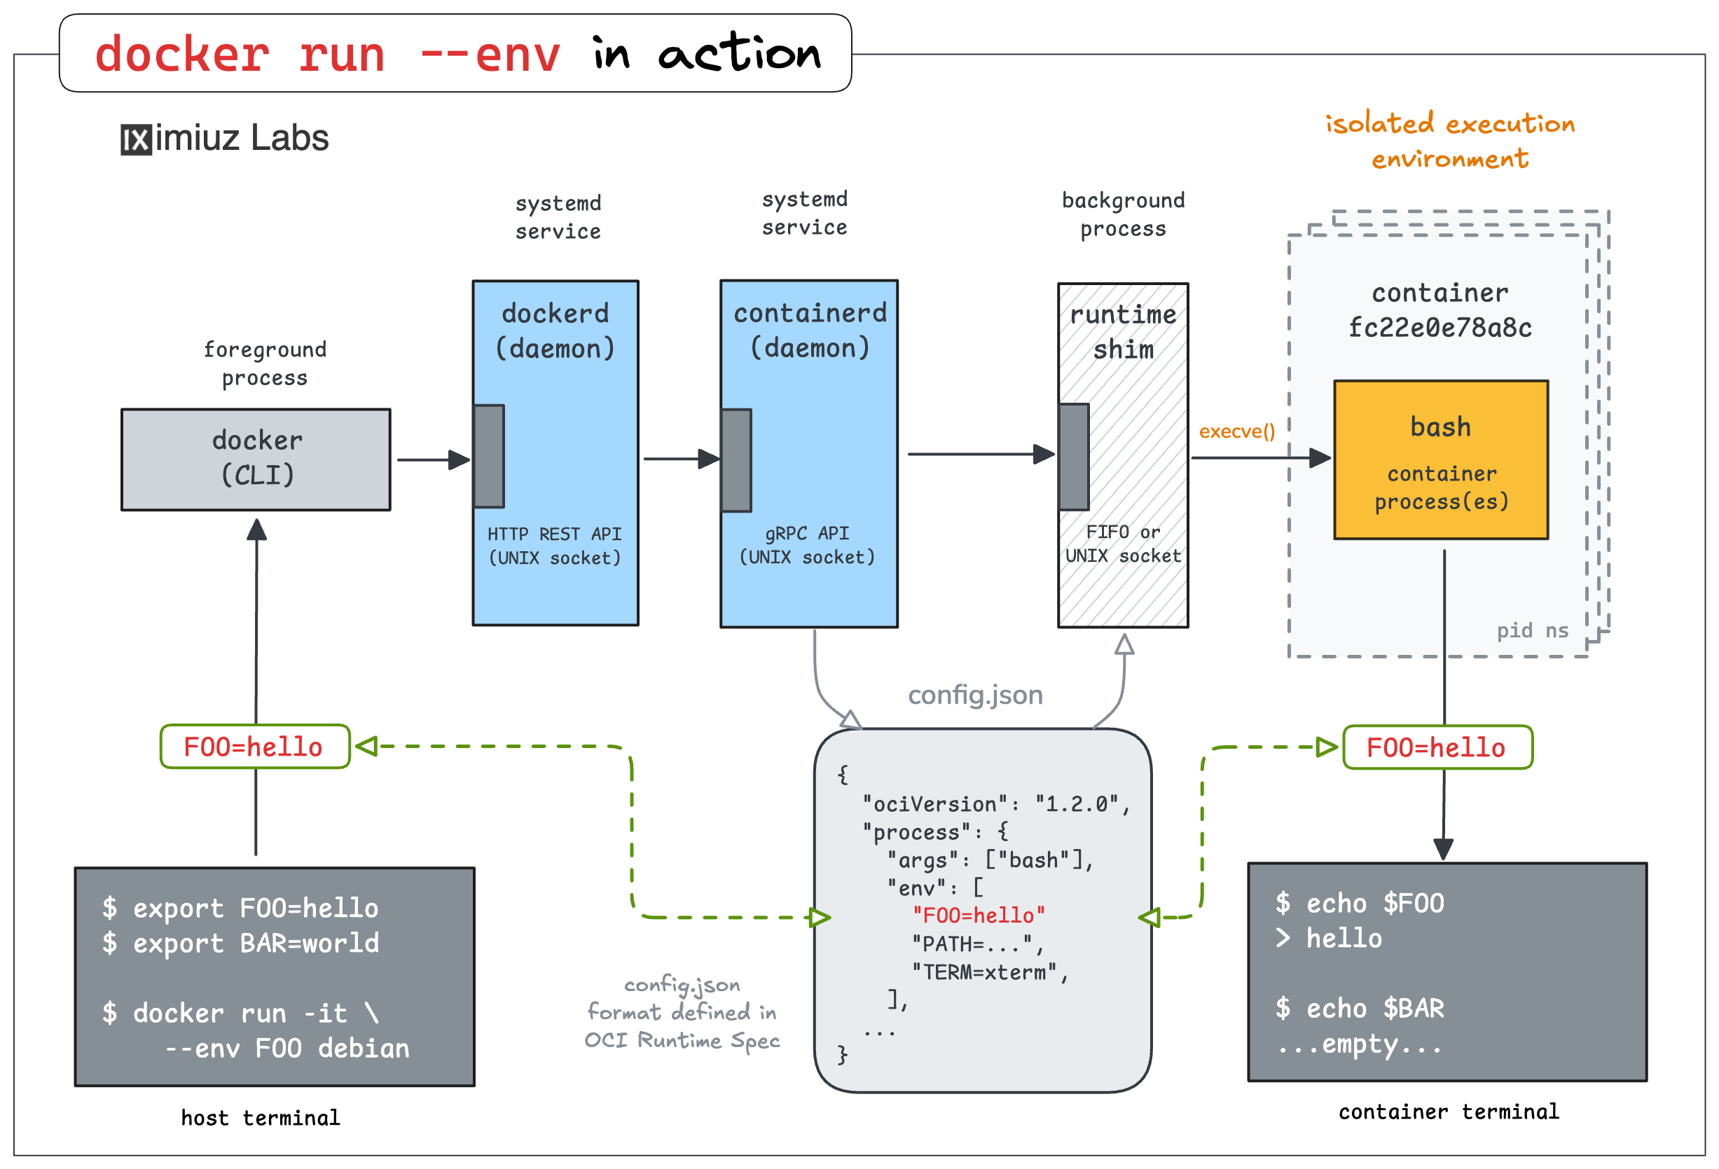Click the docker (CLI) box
[x=256, y=459]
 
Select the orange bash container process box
[x=1440, y=460]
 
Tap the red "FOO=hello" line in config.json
[x=978, y=915]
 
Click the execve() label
[x=1237, y=431]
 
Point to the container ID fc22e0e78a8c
[x=1440, y=328]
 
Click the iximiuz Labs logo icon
[x=136, y=139]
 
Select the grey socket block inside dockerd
[x=489, y=456]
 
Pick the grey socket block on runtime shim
[x=1074, y=457]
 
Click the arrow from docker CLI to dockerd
[x=434, y=460]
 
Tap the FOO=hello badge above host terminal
[x=254, y=747]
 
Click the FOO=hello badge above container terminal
[x=1437, y=747]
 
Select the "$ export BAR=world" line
[x=240, y=943]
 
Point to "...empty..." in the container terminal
[x=1360, y=1045]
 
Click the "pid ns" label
[x=1532, y=630]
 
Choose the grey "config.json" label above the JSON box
[x=975, y=695]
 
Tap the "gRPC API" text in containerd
[x=806, y=533]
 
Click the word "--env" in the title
[x=490, y=55]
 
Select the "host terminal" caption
[x=261, y=1117]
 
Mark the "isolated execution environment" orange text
[x=1449, y=141]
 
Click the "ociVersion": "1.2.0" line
[x=995, y=804]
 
